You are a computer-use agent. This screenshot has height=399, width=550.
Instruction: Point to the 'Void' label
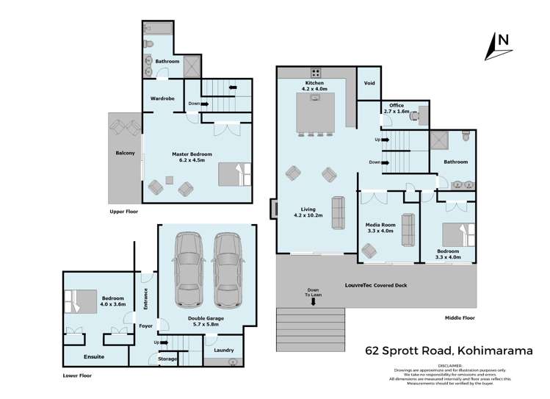coord(369,83)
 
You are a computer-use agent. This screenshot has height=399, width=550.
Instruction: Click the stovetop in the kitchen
coord(316,73)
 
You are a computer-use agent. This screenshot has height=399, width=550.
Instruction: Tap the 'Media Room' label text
coord(380,226)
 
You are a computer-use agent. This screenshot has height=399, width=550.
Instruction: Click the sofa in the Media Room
coord(407,229)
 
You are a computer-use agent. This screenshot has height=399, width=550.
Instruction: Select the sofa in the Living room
coord(339,213)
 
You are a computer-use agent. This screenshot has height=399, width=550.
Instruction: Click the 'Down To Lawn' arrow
coord(314,301)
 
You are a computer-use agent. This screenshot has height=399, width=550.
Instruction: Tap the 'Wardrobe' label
coord(162,98)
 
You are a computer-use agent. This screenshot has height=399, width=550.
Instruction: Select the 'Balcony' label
coord(124,154)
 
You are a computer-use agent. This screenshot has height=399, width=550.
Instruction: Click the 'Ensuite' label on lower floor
coord(93,356)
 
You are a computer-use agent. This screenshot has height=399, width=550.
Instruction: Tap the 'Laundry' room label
coord(223,350)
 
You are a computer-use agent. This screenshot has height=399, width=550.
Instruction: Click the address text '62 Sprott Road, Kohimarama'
coord(449,351)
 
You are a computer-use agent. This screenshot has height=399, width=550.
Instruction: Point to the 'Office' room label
coord(397,106)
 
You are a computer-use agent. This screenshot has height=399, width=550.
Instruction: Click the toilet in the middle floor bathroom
coord(465,137)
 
